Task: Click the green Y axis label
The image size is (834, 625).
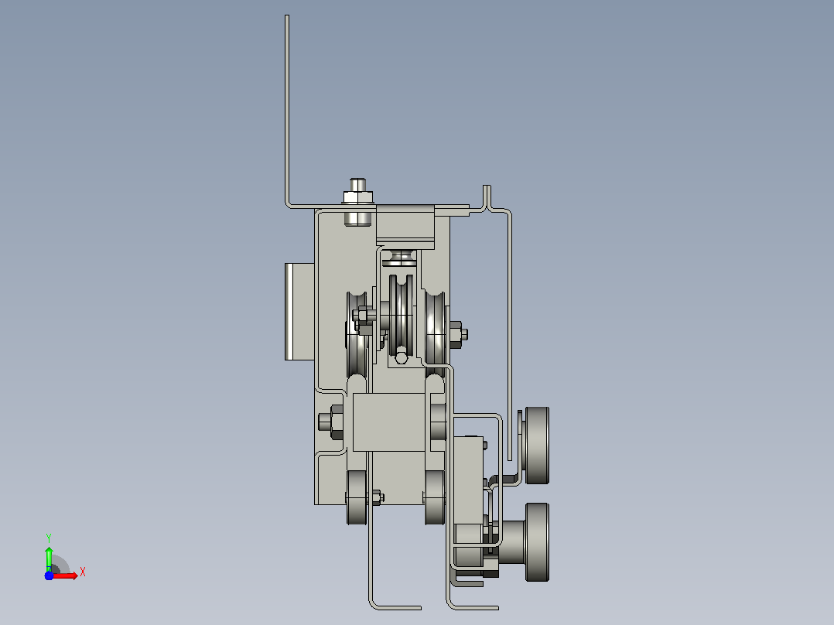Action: (x=49, y=538)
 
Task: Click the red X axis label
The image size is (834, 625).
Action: (x=83, y=572)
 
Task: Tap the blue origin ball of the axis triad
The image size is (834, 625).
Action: (x=49, y=575)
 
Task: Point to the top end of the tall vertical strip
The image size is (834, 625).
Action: (x=287, y=16)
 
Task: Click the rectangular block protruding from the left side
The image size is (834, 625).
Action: (x=299, y=312)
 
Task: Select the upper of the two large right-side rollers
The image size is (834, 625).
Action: (x=537, y=446)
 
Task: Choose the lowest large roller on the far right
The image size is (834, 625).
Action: (x=537, y=542)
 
